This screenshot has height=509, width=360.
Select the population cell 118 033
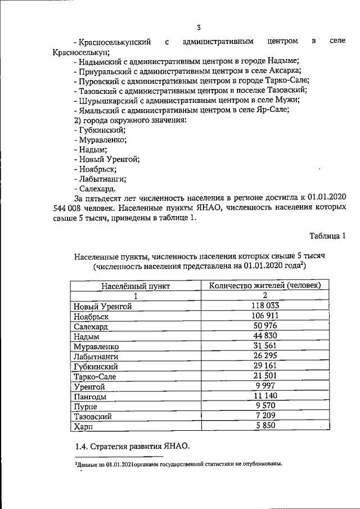coord(264,305)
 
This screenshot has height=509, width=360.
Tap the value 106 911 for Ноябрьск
coord(264,316)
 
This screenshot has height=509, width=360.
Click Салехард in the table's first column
coord(91,326)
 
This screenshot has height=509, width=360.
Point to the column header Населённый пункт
coord(136,285)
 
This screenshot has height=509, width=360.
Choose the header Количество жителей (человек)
coord(265,285)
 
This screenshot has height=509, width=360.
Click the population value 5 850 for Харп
coord(264,427)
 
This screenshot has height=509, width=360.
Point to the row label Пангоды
coord(90,397)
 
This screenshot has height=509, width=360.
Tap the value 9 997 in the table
coord(264,386)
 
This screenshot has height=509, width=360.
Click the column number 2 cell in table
coord(264,295)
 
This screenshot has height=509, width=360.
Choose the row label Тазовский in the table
coord(93,417)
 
